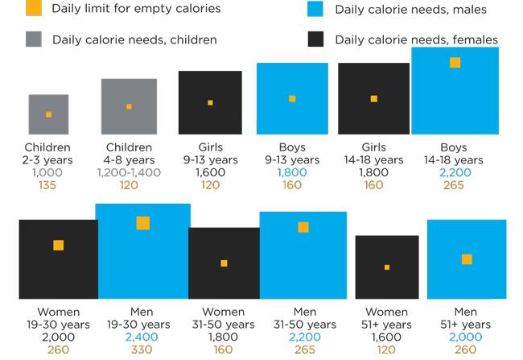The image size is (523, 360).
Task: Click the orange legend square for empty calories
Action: (33, 10)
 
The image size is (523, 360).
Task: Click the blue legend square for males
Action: (315, 10)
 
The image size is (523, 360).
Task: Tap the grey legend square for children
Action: (33, 39)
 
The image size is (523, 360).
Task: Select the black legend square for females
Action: (315, 39)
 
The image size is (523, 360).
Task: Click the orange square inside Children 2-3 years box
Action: (48, 114)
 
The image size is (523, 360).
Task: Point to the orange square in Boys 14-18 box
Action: (455, 63)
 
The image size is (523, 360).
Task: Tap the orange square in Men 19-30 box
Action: (142, 223)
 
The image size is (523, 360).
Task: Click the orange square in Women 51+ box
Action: (387, 267)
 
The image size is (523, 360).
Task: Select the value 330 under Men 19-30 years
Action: (142, 350)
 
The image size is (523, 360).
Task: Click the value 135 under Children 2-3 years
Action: (47, 185)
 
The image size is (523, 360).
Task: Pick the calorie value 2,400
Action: (142, 337)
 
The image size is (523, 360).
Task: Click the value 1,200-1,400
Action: (129, 172)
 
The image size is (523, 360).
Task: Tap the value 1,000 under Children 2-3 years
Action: (47, 172)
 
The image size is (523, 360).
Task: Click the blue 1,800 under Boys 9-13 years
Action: (292, 172)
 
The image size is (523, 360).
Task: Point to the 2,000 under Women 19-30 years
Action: (58, 337)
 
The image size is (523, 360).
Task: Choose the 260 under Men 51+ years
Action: (466, 350)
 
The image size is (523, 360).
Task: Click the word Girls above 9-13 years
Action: (210, 147)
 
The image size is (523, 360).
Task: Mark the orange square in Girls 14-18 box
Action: (373, 99)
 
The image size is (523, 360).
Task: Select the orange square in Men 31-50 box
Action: (303, 227)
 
